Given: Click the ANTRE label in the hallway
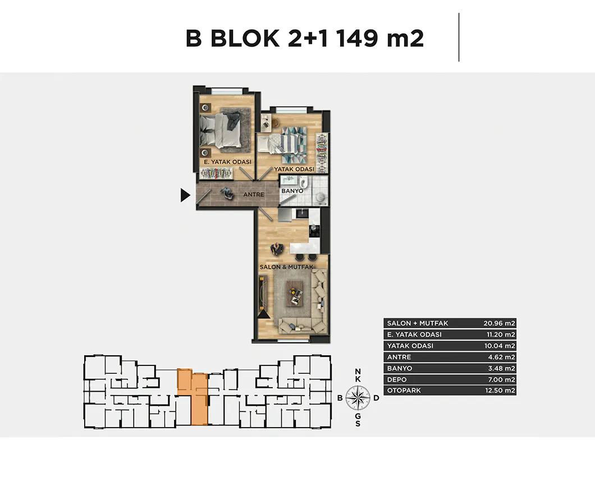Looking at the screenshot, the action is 254,194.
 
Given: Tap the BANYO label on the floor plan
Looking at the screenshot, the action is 292,191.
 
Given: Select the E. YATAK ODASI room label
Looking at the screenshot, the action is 228,162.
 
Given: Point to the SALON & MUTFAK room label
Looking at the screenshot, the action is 286,267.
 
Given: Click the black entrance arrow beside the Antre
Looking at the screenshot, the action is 185,195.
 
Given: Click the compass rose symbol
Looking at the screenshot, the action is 358,398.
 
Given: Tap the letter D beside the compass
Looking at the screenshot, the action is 376,398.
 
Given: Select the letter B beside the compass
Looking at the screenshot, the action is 340,398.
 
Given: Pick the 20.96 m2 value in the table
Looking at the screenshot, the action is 499,323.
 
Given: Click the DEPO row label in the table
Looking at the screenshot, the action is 396,379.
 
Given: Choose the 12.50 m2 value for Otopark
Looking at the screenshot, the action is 500,391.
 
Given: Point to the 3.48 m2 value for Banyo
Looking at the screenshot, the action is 501,368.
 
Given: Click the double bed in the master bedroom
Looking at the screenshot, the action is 221,130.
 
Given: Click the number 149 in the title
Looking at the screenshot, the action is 356,38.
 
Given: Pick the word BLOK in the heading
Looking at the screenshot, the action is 245,38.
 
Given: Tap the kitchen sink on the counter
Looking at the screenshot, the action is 303,214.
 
